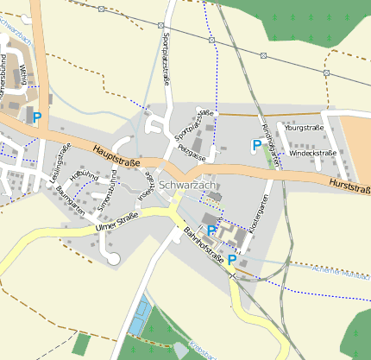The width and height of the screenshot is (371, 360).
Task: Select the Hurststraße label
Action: tap(349, 186)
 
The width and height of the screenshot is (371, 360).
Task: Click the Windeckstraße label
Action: tap(311, 153)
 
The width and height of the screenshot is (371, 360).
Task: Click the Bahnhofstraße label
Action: tap(204, 245)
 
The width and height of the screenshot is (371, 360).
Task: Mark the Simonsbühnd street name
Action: tap(107, 192)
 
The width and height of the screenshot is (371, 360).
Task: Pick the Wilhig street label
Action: tap(23, 75)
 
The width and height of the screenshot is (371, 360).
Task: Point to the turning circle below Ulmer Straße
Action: tap(114, 258)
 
